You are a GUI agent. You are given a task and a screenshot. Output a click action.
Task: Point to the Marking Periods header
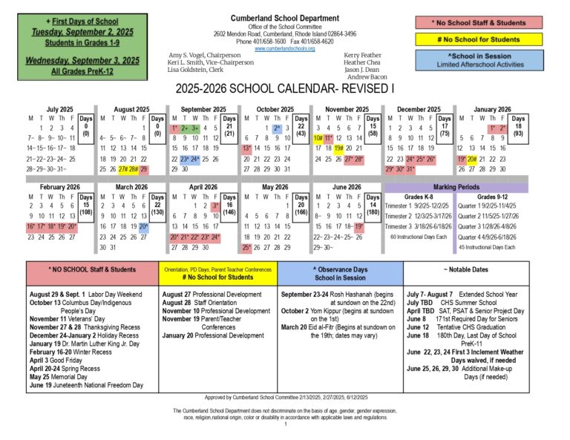click(x=456, y=188)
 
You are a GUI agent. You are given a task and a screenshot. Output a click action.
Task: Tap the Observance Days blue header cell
click(x=340, y=273)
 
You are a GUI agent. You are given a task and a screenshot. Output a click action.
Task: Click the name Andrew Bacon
click(x=367, y=77)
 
